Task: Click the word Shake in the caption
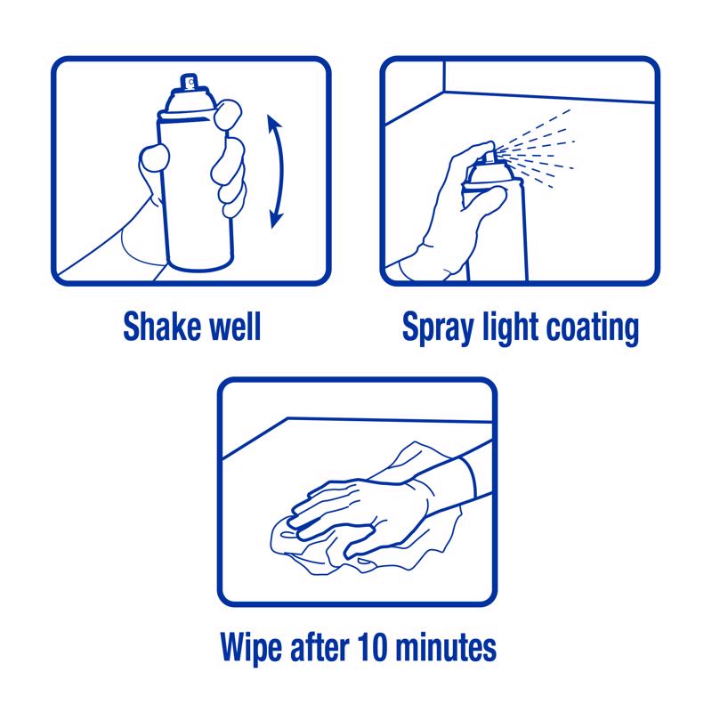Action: click(x=162, y=326)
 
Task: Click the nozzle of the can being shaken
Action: click(x=190, y=82)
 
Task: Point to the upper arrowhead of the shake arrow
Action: click(x=273, y=122)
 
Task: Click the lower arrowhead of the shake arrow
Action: click(x=276, y=219)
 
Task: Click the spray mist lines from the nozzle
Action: click(x=536, y=149)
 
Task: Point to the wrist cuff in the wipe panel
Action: click(x=469, y=478)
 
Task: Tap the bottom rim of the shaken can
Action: click(x=199, y=264)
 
